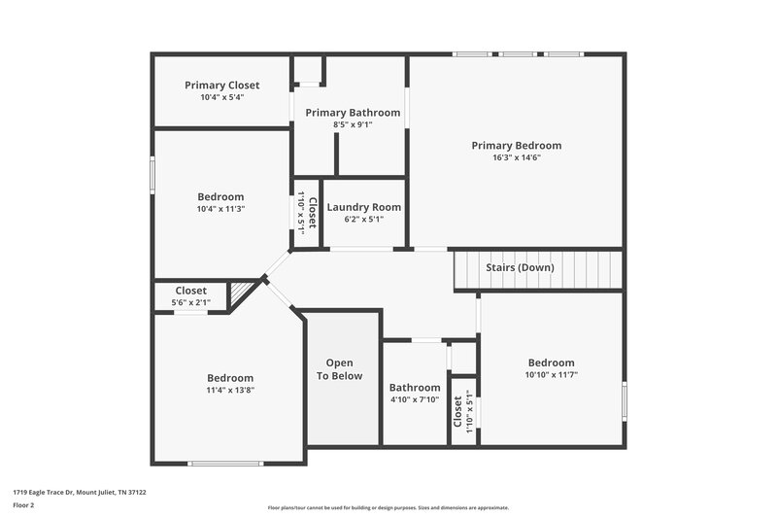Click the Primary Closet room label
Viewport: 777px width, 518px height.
tap(222, 86)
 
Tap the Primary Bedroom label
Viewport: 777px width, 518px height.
tap(516, 146)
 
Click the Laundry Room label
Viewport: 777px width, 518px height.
tap(363, 207)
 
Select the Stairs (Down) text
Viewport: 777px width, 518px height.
tap(520, 267)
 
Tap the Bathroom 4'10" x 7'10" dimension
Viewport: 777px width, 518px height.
tap(415, 399)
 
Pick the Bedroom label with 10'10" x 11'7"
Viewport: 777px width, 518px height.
tap(550, 363)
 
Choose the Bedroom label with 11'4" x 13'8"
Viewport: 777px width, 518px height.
tap(230, 378)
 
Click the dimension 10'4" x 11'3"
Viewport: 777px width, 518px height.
tap(220, 208)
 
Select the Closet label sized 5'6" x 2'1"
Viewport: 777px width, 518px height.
tap(190, 291)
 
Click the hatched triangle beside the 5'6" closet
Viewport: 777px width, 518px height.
tap(240, 293)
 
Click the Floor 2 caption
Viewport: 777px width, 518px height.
tap(24, 505)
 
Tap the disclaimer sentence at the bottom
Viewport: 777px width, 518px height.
tap(388, 507)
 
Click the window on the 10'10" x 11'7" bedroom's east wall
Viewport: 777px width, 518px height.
tap(624, 399)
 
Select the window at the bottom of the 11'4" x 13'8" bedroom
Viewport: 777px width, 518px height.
tap(219, 463)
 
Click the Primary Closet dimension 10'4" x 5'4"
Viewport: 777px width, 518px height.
tap(222, 97)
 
